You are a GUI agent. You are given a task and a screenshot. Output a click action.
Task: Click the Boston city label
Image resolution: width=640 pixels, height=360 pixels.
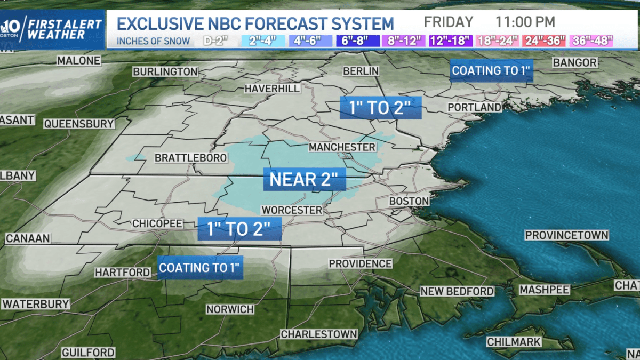click(x=409, y=201)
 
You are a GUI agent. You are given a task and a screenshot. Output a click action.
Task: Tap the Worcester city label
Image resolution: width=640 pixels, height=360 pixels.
click(x=292, y=210)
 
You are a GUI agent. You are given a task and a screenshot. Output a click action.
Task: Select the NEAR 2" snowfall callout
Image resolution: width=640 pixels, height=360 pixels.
click(x=305, y=179)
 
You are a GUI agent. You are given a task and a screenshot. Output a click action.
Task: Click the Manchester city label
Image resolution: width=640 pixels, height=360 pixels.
click(x=342, y=147)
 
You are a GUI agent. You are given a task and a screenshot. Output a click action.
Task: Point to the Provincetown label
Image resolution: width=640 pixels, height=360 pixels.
click(x=566, y=235)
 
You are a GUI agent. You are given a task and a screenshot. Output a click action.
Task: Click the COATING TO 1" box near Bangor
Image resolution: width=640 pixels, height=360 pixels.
click(x=491, y=70)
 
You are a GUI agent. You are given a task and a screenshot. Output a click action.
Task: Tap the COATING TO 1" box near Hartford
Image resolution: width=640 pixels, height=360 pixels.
click(x=201, y=267)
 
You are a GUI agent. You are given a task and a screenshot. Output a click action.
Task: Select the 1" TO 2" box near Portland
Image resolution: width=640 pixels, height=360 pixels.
click(x=381, y=108)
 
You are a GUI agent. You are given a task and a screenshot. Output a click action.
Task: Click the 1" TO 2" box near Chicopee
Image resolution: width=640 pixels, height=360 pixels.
click(x=239, y=229)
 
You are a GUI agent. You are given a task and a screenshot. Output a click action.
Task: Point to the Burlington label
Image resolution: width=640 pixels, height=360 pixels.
click(x=165, y=71)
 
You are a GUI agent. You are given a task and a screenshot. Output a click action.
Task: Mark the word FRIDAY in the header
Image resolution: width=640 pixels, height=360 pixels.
click(x=449, y=22)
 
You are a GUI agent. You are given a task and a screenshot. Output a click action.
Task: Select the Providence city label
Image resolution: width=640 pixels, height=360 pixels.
click(x=360, y=263)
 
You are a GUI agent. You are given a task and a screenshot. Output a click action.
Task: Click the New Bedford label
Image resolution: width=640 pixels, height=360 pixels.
click(x=457, y=291)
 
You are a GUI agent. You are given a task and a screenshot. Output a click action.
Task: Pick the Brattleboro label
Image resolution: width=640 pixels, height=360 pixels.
click(x=191, y=158)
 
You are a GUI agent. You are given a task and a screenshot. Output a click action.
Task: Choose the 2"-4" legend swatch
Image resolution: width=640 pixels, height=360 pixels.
click(x=259, y=41)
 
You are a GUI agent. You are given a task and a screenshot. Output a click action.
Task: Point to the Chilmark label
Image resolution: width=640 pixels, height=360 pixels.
click(x=514, y=342)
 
